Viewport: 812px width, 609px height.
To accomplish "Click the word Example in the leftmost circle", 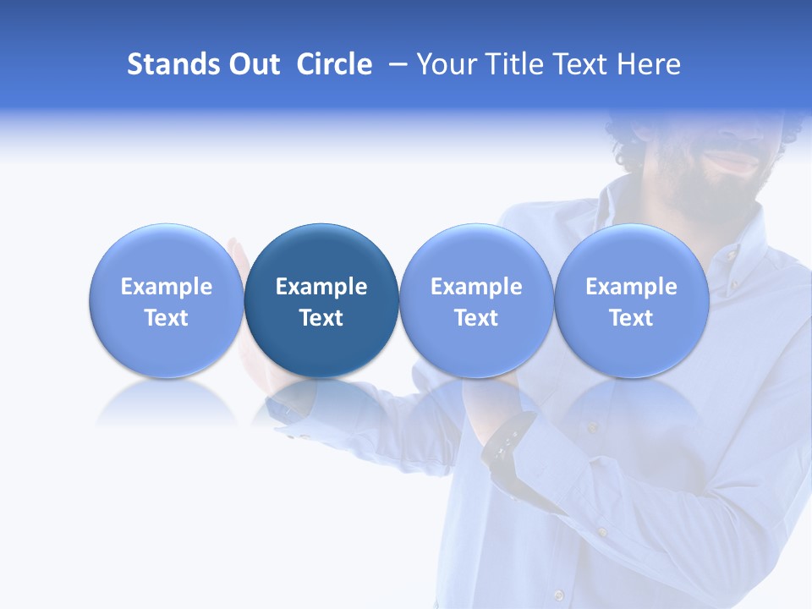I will click(x=167, y=287).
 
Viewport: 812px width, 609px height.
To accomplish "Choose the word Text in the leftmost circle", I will click(x=167, y=318).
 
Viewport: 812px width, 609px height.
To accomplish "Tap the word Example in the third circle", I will click(x=476, y=287).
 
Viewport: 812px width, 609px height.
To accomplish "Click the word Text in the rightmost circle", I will click(x=631, y=318).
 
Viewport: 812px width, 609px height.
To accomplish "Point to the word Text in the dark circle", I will click(x=321, y=318).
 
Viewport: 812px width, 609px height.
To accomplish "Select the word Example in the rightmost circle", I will click(x=631, y=287).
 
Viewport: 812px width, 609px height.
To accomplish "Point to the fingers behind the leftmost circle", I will click(x=237, y=254).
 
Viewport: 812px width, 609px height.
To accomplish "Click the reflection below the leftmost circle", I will click(x=167, y=402).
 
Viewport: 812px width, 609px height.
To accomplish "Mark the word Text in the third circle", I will click(x=476, y=318).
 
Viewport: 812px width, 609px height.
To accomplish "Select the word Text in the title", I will click(x=584, y=64).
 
